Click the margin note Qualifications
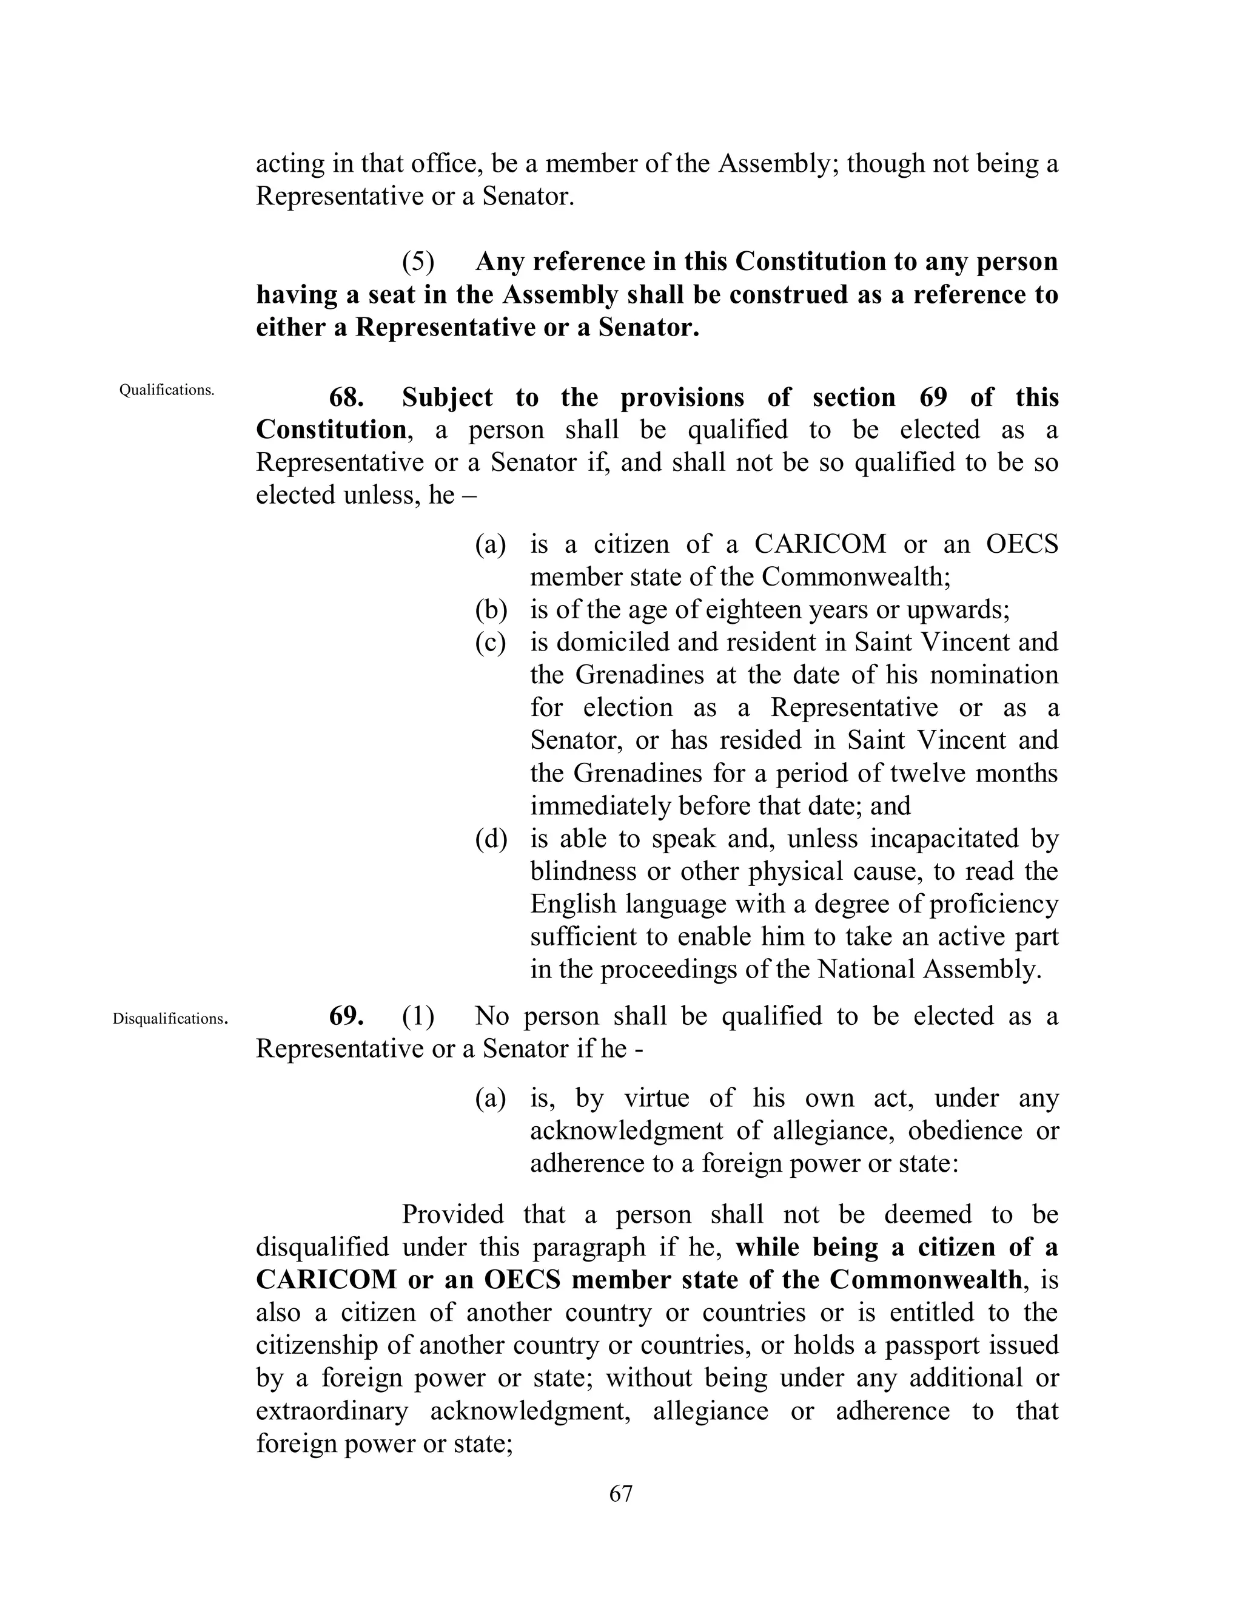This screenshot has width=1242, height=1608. point(167,390)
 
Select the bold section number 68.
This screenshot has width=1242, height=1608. point(346,397)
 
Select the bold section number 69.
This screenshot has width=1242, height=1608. point(346,1016)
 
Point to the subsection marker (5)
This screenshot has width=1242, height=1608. point(418,262)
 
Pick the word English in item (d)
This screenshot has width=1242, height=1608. point(573,904)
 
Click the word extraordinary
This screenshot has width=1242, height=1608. point(332,1411)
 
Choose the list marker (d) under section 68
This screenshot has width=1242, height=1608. point(491,839)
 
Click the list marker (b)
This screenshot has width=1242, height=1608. point(491,610)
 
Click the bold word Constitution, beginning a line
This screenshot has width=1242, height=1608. point(331,430)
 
